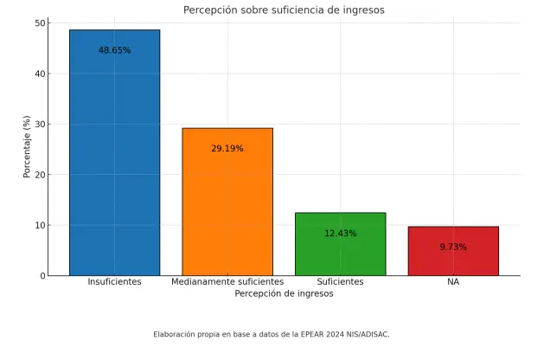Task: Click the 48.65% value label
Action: point(114,51)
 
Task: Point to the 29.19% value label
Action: point(227,149)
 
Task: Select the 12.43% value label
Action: point(340,234)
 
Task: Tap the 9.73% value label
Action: point(453,247)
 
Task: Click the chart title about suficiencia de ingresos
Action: point(284,10)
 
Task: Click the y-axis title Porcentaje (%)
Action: point(27,148)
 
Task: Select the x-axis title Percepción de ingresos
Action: point(284,294)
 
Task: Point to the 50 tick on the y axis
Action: point(41,23)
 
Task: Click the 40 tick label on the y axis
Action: point(41,74)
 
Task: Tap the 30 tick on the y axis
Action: point(41,125)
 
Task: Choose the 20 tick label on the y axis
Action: point(41,175)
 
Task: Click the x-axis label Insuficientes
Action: point(114,282)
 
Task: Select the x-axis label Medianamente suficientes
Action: point(227,282)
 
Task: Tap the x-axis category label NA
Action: point(453,282)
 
